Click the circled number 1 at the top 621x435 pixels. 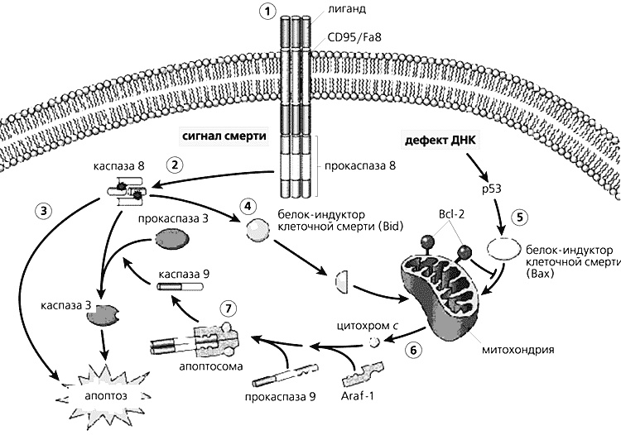click(266, 12)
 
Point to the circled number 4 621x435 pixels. click(245, 204)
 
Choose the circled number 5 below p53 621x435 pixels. click(519, 218)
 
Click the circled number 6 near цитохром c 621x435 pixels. click(412, 348)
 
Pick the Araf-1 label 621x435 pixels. click(359, 398)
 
